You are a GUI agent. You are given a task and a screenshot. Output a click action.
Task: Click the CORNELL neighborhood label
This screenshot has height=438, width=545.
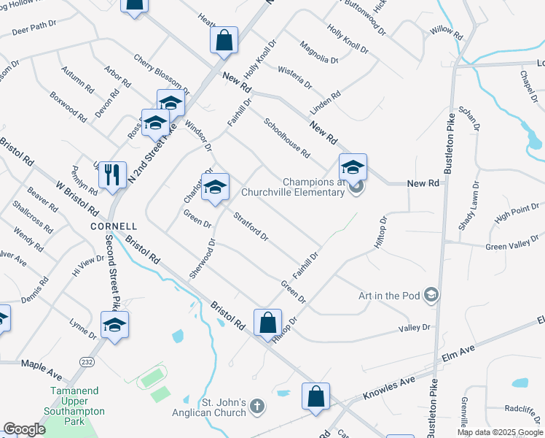tap(114, 226)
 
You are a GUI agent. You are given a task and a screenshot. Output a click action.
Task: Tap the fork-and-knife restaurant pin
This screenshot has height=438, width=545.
tap(112, 174)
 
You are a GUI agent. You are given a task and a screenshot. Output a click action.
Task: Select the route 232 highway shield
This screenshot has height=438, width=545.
tap(86, 362)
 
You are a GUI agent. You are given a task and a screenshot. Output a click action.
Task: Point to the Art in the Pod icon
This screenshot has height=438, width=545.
tap(431, 295)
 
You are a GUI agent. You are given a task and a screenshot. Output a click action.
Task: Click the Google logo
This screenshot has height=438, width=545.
tap(25, 429)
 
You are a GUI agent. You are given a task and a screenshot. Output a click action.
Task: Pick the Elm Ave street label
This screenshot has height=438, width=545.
tap(458, 357)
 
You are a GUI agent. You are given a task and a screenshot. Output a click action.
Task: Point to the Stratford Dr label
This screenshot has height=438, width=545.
tap(251, 226)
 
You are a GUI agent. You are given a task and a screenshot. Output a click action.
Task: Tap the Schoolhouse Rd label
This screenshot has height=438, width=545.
tap(287, 139)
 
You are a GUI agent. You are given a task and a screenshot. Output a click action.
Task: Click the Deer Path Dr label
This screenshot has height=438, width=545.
tap(34, 28)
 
